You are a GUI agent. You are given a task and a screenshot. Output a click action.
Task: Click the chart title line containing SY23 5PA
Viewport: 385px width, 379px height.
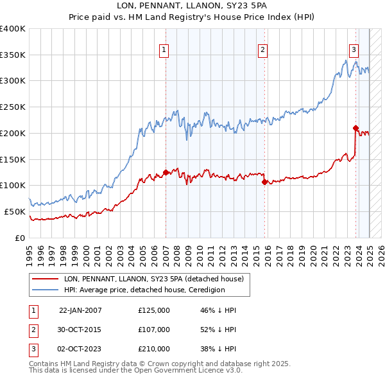coord(192,6)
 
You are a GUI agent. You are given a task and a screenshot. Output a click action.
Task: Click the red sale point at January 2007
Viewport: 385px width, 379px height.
coord(166,172)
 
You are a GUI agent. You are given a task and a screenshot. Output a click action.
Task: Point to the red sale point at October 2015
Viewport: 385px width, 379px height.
coord(264,182)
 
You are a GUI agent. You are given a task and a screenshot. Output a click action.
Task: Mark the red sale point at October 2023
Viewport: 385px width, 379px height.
coord(355,128)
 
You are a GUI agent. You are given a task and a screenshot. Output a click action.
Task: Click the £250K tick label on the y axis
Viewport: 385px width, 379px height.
coord(12,107)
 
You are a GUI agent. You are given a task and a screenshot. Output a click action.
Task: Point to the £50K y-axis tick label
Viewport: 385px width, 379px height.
coord(15,211)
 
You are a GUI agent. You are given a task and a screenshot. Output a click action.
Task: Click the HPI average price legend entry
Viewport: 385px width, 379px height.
coord(144,290)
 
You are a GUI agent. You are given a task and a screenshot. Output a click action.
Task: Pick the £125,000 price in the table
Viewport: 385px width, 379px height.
coord(154,310)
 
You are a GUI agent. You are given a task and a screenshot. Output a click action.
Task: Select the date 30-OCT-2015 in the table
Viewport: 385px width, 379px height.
coord(80,330)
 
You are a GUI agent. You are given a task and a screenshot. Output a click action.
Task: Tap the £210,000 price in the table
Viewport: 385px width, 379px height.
coord(154,349)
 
